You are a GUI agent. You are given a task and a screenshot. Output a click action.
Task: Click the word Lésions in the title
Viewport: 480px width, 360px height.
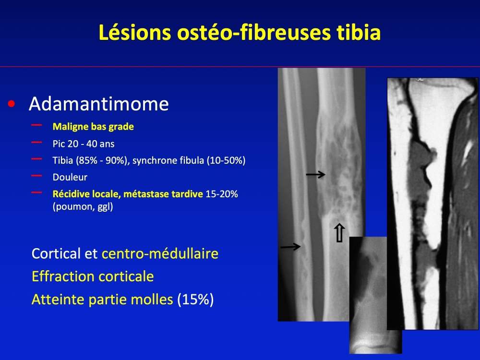(135, 33)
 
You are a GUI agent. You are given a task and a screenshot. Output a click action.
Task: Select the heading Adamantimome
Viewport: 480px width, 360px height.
(98, 104)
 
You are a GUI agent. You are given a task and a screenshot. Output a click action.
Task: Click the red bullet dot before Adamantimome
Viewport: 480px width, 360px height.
(12, 104)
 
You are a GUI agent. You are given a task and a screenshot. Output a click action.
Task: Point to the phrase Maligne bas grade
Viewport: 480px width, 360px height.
(93, 127)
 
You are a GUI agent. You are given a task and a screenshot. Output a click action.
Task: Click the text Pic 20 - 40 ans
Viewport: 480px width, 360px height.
(84, 144)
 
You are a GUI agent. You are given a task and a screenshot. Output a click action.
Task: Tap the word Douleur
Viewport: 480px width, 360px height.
(70, 177)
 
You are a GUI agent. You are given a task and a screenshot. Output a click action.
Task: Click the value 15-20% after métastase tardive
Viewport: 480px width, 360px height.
(222, 194)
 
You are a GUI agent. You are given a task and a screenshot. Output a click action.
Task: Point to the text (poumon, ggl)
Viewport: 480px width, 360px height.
(83, 206)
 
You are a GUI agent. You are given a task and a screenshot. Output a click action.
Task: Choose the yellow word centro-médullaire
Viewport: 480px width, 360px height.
(160, 253)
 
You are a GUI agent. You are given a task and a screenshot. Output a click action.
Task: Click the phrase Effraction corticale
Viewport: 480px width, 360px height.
(93, 276)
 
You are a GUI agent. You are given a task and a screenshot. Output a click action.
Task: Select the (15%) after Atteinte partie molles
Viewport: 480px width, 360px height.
(195, 299)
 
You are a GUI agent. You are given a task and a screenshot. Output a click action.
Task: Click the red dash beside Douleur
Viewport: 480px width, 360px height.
(36, 175)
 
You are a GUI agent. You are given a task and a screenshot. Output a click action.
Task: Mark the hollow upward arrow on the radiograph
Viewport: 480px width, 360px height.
(339, 233)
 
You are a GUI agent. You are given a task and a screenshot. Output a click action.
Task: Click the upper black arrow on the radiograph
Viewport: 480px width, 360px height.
(316, 175)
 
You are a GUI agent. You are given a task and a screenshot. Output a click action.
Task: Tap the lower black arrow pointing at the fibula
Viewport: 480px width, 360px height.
(290, 246)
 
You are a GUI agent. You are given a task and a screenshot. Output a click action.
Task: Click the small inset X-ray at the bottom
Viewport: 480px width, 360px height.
(375, 295)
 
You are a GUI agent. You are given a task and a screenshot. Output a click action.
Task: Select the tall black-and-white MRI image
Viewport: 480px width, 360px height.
(432, 204)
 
